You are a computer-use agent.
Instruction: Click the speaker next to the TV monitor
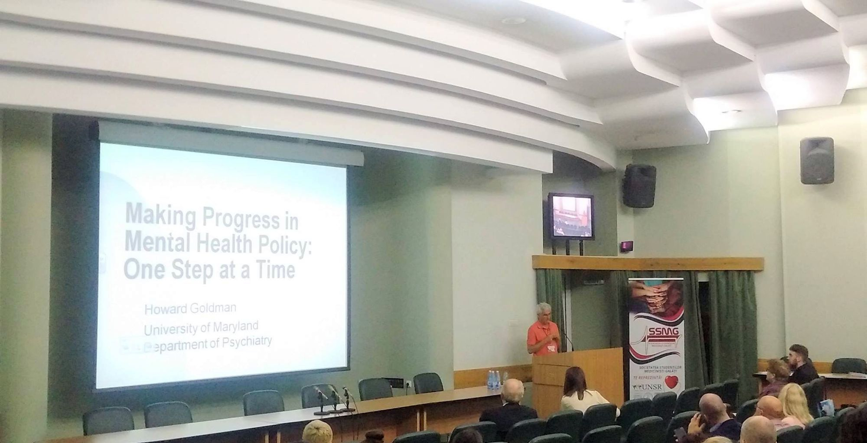(x=639, y=186)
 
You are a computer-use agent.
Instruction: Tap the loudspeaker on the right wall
(x=817, y=161)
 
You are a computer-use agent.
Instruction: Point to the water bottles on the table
(x=493, y=379)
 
